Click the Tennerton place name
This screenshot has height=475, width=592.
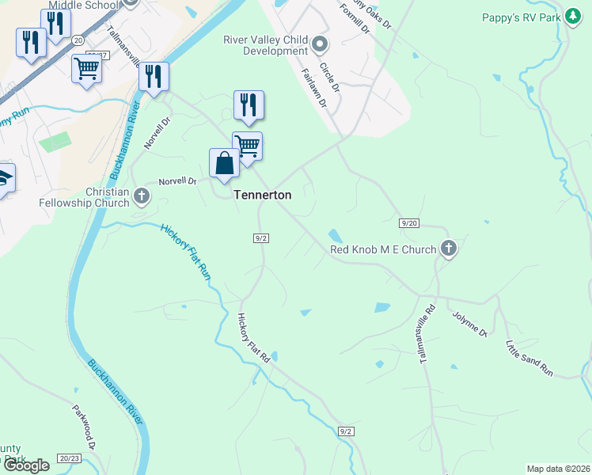point(263,195)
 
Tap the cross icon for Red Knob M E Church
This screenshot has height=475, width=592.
point(449,249)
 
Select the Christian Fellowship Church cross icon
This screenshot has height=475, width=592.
point(142,195)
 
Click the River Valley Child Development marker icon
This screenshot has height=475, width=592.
point(321,43)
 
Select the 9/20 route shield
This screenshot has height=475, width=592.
point(408,224)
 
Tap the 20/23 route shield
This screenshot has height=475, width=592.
point(70,458)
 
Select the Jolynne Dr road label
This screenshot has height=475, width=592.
point(469,324)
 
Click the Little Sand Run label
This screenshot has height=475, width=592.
point(529,357)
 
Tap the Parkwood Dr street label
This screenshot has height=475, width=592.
point(84,428)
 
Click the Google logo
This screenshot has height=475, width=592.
point(25,465)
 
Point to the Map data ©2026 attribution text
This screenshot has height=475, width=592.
point(559,469)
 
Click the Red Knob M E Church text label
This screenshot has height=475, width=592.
point(383,250)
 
